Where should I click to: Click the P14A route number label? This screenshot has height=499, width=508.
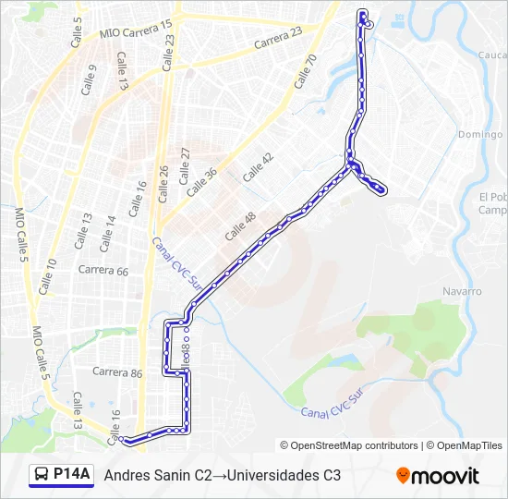coord(72,475)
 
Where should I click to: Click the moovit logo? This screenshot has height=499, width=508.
coord(438,476)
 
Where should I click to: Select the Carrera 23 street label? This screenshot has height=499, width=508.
coord(277,39)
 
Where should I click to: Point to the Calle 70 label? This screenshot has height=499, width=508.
coord(306,71)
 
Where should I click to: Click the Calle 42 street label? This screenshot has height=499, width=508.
coord(258,167)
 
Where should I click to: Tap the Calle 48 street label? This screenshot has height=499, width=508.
coord(239,226)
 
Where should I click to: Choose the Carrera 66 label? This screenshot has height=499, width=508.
coord(103,271)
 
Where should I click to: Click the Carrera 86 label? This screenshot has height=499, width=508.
coord(117,373)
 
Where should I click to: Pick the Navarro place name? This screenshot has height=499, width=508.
coord(463,291)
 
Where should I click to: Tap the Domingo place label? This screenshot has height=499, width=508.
coord(479,134)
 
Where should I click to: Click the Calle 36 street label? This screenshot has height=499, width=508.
coord(201,182)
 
